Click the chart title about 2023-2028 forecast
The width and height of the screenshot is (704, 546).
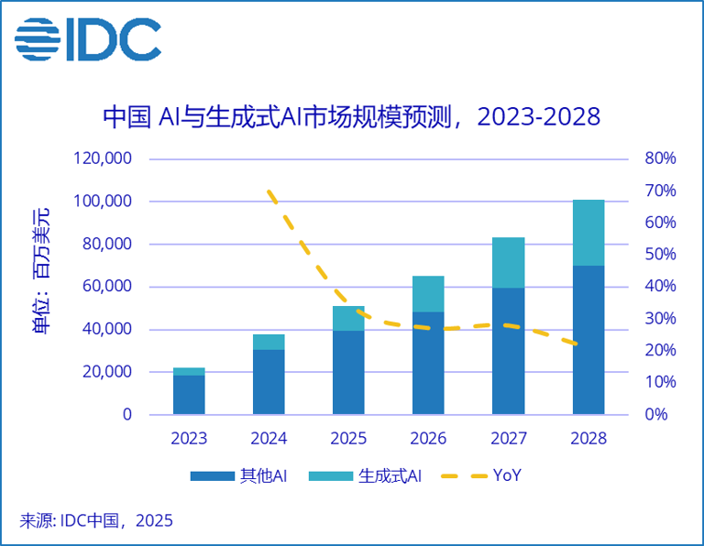351,117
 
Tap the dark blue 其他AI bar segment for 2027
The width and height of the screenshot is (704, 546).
509,351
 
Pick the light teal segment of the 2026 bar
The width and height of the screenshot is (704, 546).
428,294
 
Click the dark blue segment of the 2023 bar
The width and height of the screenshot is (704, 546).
189,395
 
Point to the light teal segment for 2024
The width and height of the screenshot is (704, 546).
269,342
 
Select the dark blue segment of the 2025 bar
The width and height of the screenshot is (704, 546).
348,372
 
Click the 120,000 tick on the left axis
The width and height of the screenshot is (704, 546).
102,158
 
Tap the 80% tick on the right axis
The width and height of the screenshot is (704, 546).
660,158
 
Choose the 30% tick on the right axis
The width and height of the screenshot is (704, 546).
660,319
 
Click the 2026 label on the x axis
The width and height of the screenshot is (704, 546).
428,438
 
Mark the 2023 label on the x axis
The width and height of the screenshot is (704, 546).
189,438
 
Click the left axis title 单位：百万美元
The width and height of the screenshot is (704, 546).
42,273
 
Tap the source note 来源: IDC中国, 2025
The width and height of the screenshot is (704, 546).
96,521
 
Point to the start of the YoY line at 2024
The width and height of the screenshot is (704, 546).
269,192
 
